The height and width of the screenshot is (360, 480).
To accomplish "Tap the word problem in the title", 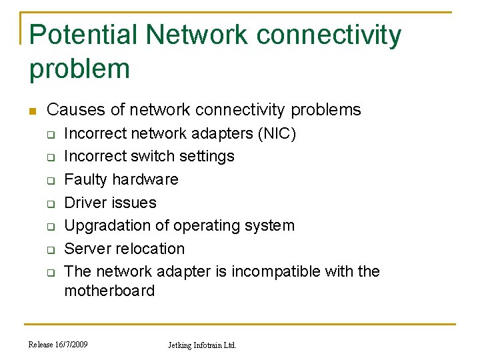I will [79, 69].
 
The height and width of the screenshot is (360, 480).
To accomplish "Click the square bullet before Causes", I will [31, 111].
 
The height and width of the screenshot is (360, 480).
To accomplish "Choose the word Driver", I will [85, 202].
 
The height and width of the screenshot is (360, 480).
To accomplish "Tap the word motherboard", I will [109, 291].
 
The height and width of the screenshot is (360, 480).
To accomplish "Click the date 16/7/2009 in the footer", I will [71, 345].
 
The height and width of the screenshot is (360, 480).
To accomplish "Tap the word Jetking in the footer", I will [181, 345].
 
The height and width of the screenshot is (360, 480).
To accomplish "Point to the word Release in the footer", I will [41, 345].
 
